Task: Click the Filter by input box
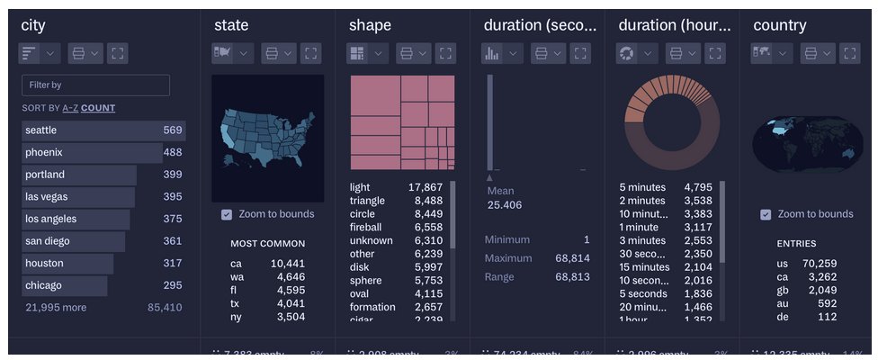(x=95, y=85)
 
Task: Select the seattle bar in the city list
(x=103, y=130)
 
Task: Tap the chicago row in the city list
(x=65, y=286)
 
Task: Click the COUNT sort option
(x=98, y=108)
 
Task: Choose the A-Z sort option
(x=69, y=108)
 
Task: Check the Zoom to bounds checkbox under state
(x=227, y=214)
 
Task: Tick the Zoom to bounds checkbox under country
(x=766, y=214)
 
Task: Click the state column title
(x=231, y=25)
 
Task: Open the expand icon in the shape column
(x=445, y=53)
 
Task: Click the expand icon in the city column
(x=117, y=53)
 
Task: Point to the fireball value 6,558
(x=428, y=228)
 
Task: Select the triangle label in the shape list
(x=367, y=201)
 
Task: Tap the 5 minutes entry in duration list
(x=642, y=187)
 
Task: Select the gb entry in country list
(x=784, y=291)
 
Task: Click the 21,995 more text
(x=56, y=308)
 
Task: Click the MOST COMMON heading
(x=267, y=243)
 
